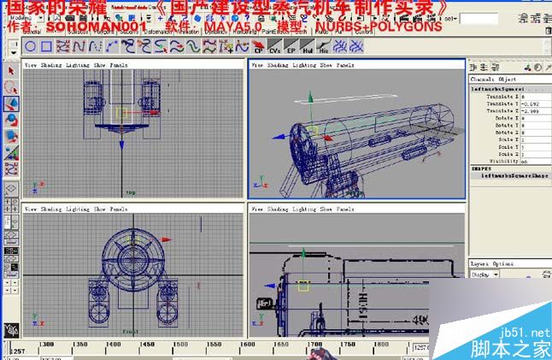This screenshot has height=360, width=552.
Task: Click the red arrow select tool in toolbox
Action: [x=11, y=71]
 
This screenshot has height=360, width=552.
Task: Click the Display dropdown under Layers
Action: [x=485, y=275]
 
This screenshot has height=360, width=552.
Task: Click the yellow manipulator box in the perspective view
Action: [x=313, y=133]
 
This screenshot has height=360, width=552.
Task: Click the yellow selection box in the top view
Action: [x=120, y=112]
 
